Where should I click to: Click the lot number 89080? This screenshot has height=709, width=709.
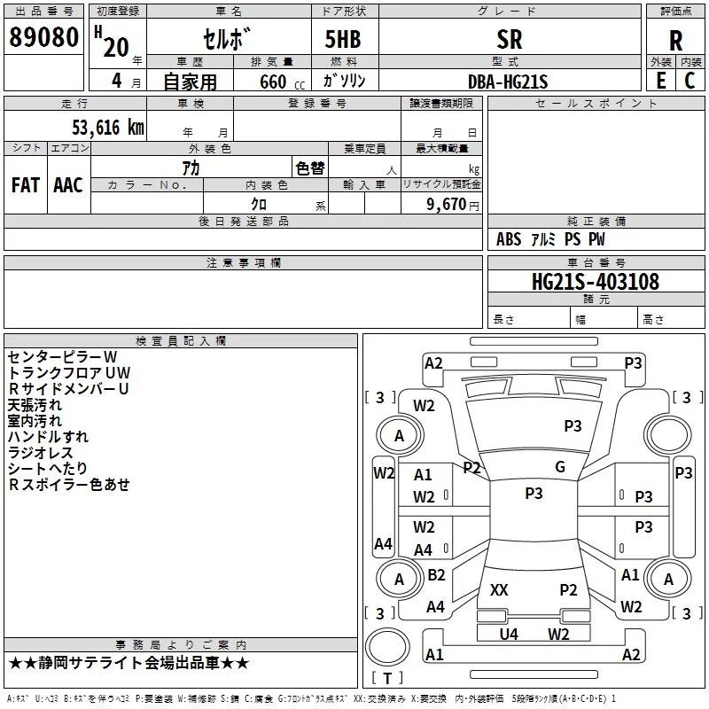43,38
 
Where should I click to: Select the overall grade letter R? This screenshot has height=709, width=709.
675,40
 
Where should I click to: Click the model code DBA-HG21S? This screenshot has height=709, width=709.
508,82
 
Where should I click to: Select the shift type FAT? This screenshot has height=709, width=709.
26,185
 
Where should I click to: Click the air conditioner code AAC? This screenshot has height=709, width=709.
67,185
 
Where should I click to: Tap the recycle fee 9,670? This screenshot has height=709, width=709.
448,204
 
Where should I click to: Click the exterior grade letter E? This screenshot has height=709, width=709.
660,81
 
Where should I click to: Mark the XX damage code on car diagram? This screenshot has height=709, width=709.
499,590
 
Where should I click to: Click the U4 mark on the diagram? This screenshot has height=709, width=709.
509,634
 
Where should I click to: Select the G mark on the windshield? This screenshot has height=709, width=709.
560,467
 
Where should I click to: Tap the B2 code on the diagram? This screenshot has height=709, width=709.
436,575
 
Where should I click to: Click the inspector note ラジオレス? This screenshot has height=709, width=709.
41,452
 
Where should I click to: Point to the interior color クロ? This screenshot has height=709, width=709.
260,204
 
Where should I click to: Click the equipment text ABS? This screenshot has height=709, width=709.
509,239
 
